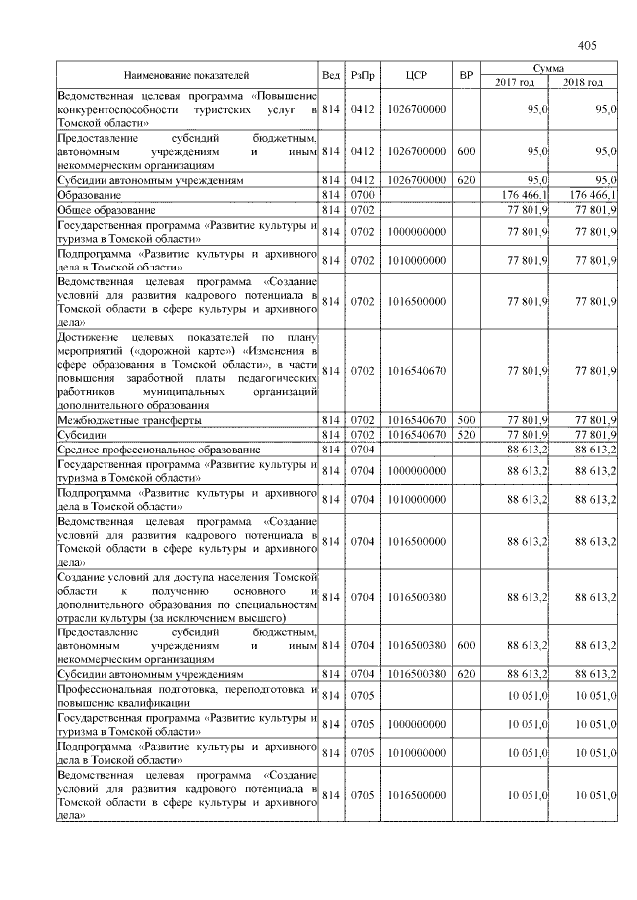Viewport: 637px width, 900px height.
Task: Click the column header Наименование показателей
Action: [x=186, y=75]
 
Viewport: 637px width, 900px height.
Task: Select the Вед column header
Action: [x=331, y=75]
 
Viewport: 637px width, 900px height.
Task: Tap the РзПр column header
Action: [x=362, y=75]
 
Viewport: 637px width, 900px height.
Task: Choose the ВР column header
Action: [x=465, y=75]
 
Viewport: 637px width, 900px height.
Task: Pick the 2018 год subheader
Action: [x=583, y=82]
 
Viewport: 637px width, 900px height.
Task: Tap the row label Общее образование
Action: [x=106, y=211]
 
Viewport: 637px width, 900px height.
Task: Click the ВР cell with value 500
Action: [x=465, y=420]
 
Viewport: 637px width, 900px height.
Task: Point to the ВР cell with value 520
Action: [x=465, y=435]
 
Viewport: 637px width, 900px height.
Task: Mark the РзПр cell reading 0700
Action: [x=362, y=196]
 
